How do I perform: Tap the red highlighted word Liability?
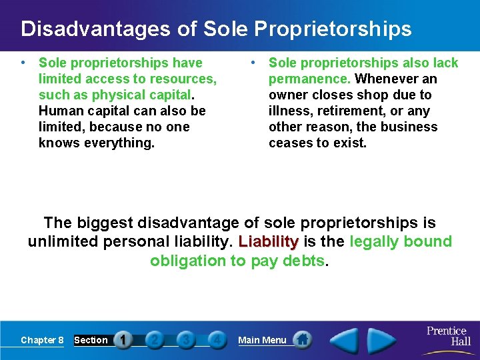[x=268, y=242]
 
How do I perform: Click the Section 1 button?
[x=122, y=340]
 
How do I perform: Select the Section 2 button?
[x=154, y=340]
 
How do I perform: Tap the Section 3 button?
[x=185, y=340]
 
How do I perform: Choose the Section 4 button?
[x=216, y=340]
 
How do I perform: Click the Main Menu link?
[x=262, y=340]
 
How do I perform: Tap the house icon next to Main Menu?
[x=303, y=339]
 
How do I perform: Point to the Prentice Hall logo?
[x=447, y=335]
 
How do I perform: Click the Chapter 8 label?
[x=42, y=340]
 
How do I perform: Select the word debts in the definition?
[x=304, y=261]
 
